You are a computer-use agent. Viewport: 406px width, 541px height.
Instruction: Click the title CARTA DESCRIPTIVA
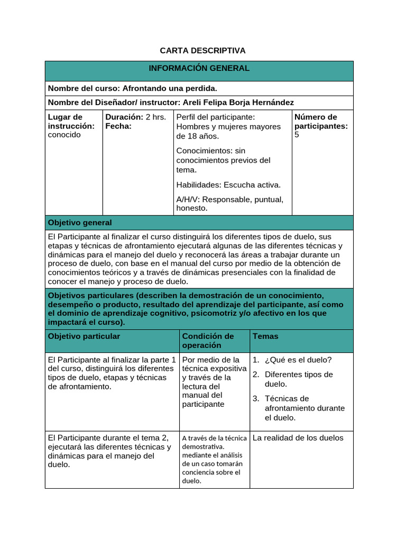point(202,51)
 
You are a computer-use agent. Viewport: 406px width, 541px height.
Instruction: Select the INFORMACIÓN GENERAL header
point(199,69)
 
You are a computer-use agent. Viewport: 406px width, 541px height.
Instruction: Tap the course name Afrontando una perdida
point(170,88)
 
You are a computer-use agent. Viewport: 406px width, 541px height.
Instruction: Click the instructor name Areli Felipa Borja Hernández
point(237,102)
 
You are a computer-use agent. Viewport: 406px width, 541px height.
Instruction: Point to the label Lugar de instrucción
point(71,122)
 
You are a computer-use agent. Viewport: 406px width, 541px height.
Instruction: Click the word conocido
point(64,135)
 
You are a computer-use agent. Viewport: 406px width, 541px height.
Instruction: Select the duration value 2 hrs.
point(155,117)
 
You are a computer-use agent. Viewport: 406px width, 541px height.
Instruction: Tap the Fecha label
point(118,126)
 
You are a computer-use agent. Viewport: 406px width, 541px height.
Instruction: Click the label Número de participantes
point(320,122)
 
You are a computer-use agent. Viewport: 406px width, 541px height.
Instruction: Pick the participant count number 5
point(297,135)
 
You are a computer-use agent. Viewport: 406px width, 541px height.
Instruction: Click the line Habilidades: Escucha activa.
point(228,185)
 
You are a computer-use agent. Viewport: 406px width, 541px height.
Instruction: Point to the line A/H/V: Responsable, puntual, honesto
point(229,203)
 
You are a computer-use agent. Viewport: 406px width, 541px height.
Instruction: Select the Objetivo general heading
point(80,222)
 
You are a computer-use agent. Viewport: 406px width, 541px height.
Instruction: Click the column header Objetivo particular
point(84,337)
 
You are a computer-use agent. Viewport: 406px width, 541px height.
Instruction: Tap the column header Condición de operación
point(208,341)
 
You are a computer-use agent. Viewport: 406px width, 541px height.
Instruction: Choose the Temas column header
point(265,337)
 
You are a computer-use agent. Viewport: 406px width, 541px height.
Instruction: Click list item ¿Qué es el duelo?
point(298,360)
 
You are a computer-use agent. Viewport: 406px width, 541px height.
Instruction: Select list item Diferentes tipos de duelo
point(299,379)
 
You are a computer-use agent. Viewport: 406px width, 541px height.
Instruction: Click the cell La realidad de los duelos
point(298,437)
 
